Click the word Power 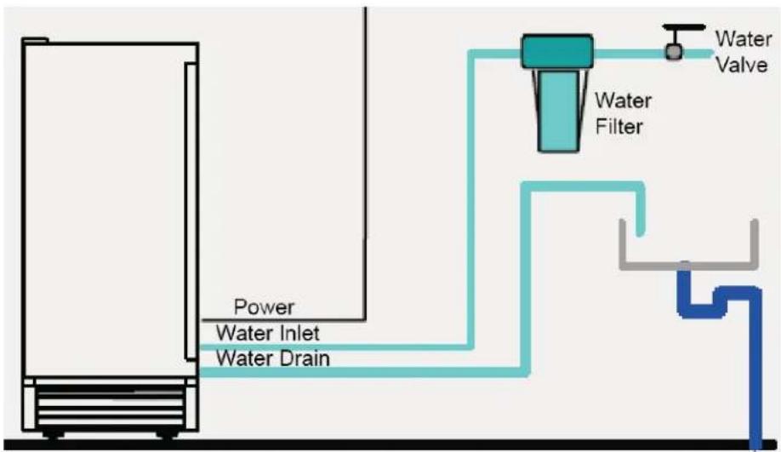264,307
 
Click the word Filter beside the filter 619,127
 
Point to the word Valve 742,65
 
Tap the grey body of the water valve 674,52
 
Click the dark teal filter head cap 557,51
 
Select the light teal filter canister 559,111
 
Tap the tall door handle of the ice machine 191,211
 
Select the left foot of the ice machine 54,434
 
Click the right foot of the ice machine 168,434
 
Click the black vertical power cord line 365,163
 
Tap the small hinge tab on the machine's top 36,40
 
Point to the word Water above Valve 744,39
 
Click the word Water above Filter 624,100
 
